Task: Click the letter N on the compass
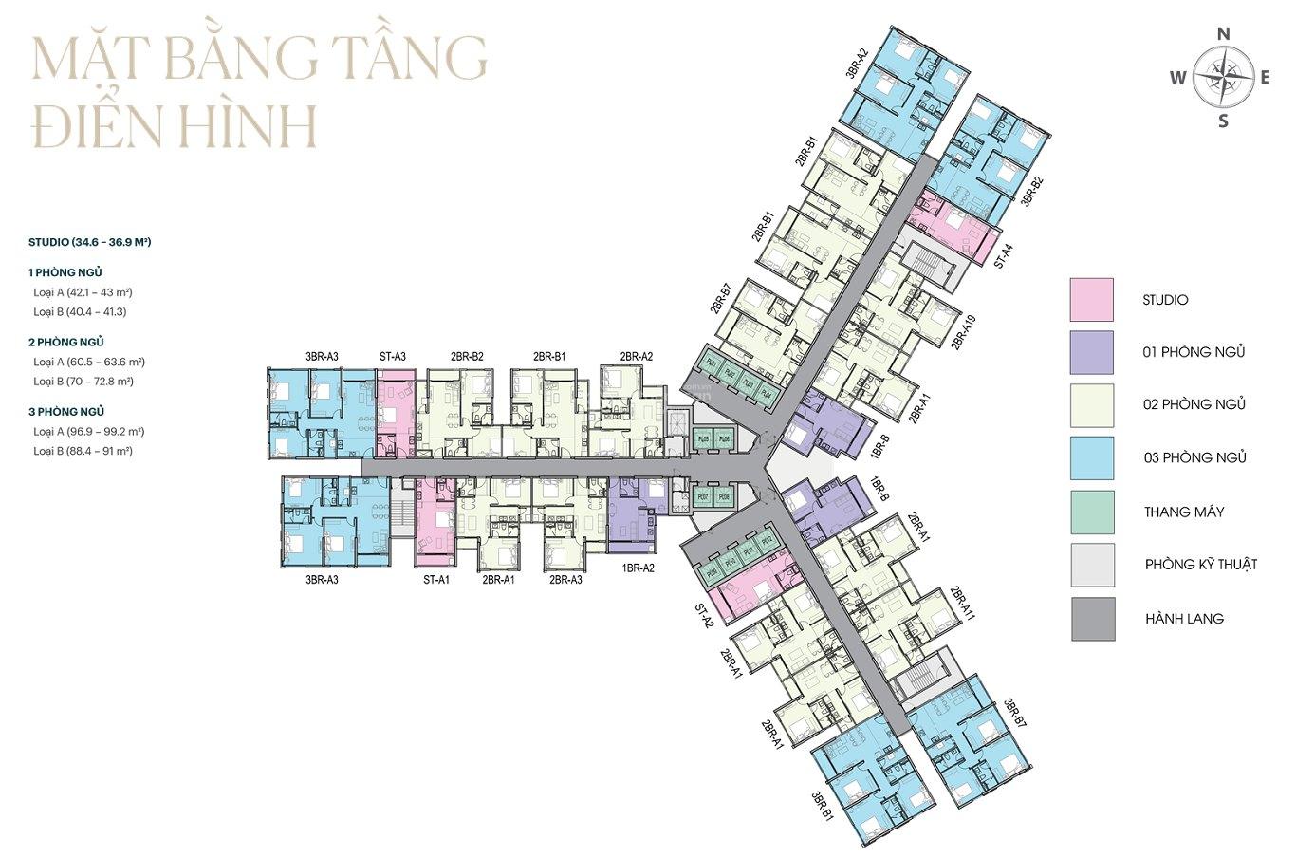1223,34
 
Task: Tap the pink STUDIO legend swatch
1092,300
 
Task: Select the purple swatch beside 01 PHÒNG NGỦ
1092,352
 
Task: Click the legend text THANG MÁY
1183,512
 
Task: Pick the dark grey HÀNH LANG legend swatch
1092,619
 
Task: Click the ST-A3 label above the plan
392,357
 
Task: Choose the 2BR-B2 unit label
467,357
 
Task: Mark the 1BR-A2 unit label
638,568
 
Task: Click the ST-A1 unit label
435,579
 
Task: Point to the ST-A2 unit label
703,618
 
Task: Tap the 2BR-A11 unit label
963,604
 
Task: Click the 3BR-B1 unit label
822,806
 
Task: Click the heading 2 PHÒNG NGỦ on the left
66,342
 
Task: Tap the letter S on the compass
1223,121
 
